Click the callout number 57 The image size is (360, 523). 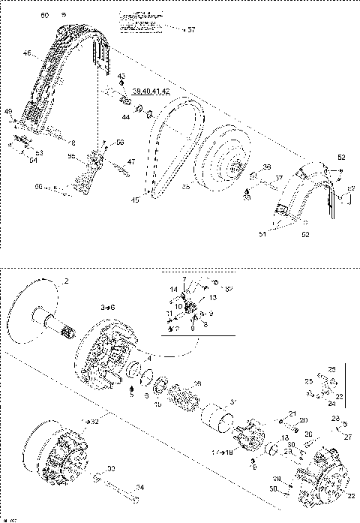pyautogui.click(x=191, y=29)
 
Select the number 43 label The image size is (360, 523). pyautogui.click(x=121, y=77)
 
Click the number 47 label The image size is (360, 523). pyautogui.click(x=131, y=161)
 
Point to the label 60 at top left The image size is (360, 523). pyautogui.click(x=44, y=15)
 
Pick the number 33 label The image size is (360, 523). pyautogui.click(x=111, y=469)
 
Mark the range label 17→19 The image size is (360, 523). pyautogui.click(x=223, y=452)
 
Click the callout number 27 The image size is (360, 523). pyautogui.click(x=346, y=437)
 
